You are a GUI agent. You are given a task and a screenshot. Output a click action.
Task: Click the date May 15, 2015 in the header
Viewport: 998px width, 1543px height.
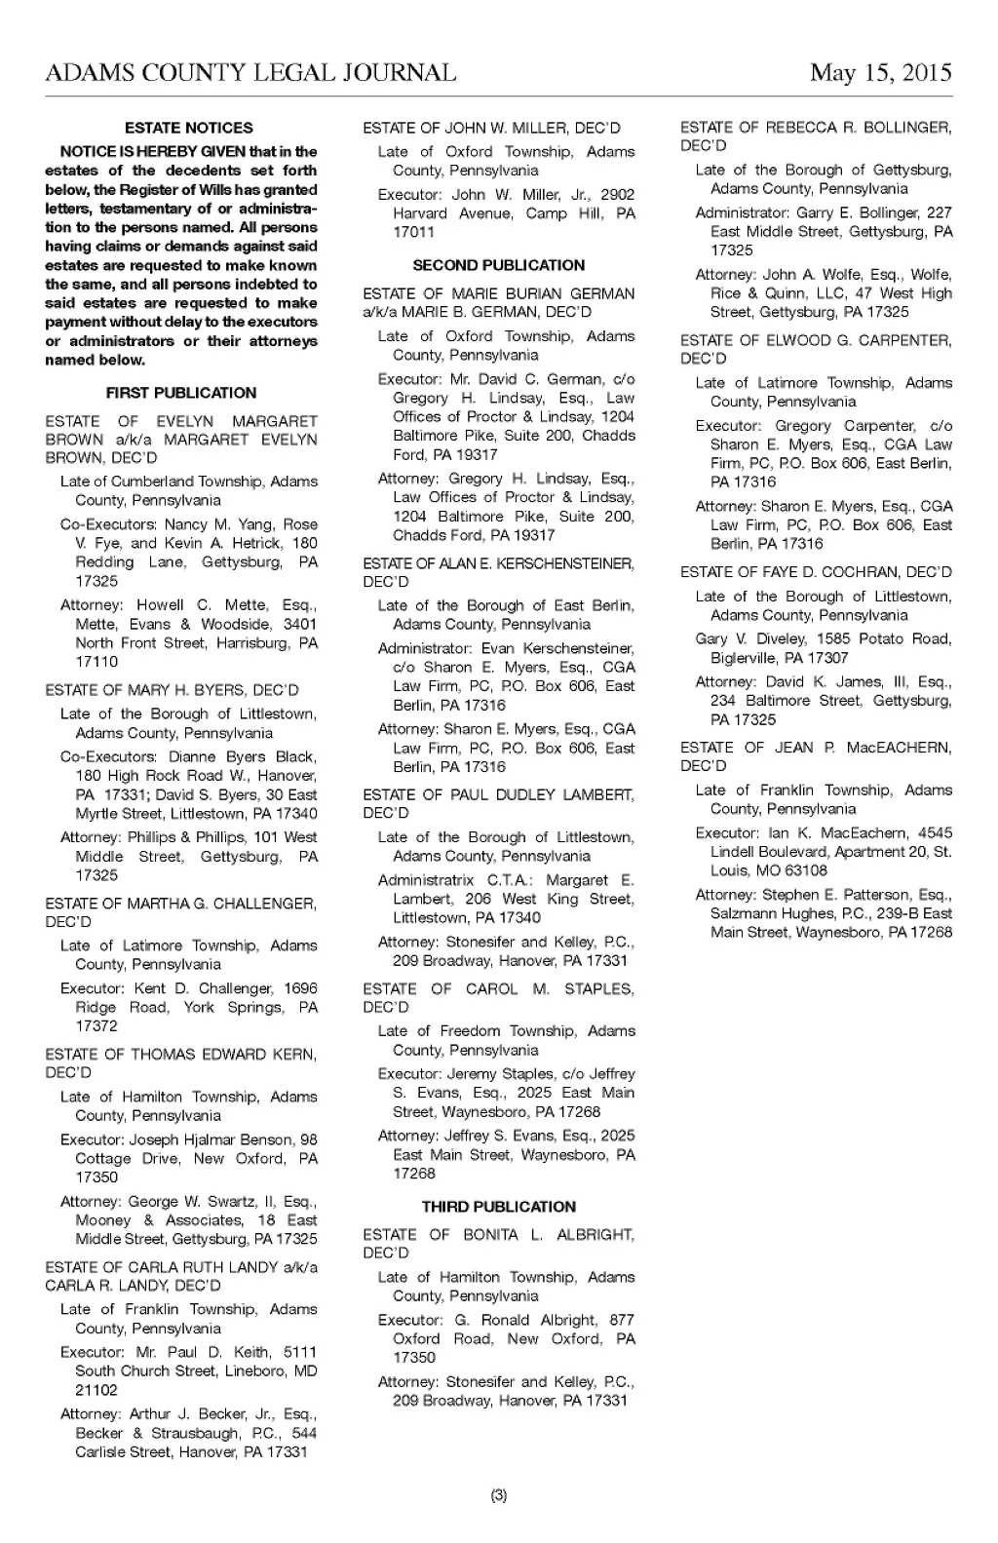pos(880,74)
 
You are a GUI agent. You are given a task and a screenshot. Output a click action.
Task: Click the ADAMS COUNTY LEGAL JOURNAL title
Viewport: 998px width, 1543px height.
pos(250,74)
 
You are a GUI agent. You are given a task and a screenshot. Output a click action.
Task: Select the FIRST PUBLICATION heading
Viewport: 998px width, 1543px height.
pos(181,393)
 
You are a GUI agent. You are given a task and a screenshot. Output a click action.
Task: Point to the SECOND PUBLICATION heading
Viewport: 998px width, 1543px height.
pos(499,265)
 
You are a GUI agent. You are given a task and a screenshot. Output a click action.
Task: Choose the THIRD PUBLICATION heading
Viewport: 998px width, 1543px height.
pos(499,1207)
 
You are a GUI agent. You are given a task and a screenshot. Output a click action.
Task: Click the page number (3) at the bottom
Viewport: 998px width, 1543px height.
pos(499,1495)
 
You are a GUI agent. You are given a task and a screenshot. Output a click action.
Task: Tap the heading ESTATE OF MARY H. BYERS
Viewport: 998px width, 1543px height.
pos(173,690)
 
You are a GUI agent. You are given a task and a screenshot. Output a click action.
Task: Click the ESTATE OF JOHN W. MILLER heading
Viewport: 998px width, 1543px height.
pos(491,128)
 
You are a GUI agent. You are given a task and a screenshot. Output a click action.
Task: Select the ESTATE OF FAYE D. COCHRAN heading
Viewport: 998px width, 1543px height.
pos(816,572)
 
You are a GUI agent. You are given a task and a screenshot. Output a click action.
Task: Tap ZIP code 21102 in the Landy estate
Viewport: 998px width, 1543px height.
pos(96,1390)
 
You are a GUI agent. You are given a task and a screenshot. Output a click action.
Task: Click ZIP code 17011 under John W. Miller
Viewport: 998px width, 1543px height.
pos(414,232)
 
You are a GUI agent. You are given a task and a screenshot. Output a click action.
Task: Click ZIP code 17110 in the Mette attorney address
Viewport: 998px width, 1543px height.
pos(96,662)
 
